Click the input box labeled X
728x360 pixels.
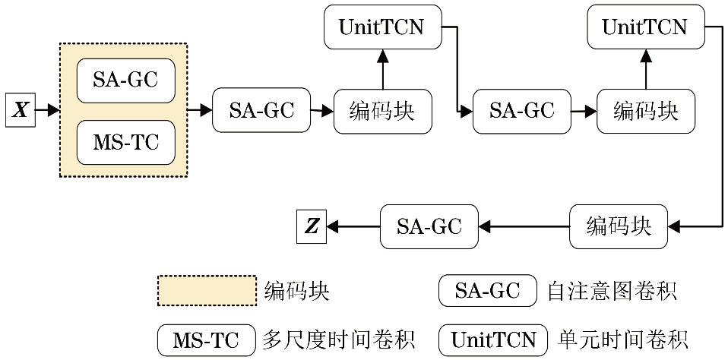pos(21,111)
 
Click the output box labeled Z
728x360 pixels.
pos(312,226)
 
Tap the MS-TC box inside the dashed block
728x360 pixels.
pos(126,142)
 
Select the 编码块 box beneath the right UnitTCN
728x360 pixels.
pos(645,111)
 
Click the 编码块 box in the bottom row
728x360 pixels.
pos(619,226)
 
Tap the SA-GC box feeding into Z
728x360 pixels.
pos(429,226)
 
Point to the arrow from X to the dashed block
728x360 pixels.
pos(46,111)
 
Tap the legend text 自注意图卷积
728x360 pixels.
pos(612,291)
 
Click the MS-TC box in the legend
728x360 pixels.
pos(206,339)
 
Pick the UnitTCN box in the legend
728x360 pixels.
pos(493,339)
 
